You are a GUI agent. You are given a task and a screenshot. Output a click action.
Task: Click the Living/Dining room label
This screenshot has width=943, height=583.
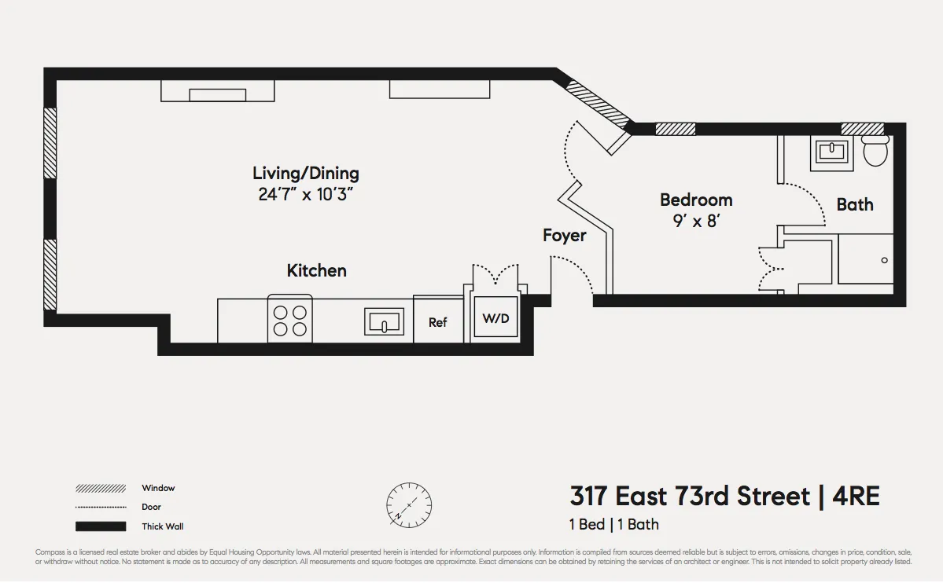[305, 173]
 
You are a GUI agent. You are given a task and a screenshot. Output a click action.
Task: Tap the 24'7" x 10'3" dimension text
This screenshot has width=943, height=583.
[305, 194]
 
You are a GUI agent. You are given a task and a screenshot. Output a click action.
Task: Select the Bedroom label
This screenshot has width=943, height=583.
[696, 200]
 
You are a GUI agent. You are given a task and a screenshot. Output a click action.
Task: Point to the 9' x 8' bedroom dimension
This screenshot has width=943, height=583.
[696, 221]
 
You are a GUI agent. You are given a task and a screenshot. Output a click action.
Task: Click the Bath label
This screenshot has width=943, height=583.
[855, 204]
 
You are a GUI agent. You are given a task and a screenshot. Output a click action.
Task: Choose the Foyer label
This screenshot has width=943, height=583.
[564, 235]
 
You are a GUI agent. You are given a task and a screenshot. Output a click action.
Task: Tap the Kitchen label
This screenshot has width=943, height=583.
[316, 270]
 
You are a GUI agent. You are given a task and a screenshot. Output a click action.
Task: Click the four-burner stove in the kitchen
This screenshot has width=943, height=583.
[289, 321]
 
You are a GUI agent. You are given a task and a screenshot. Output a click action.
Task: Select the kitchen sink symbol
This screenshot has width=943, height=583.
[385, 321]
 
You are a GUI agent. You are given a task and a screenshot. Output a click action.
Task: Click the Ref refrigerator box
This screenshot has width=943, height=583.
[438, 321]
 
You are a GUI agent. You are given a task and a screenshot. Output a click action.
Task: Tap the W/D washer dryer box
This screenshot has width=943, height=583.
[495, 319]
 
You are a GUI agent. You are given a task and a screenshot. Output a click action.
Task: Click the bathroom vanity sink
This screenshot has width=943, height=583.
[831, 151]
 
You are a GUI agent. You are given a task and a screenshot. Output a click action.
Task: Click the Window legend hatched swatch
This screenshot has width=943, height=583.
[101, 488]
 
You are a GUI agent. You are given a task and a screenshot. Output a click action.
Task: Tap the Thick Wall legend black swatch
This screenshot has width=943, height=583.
[101, 526]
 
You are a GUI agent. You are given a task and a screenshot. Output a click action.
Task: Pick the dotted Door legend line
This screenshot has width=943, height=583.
[101, 508]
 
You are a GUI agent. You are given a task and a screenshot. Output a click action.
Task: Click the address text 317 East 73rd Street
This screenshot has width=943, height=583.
[689, 497]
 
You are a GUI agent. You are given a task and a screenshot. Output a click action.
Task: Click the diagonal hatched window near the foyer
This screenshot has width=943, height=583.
[599, 104]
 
